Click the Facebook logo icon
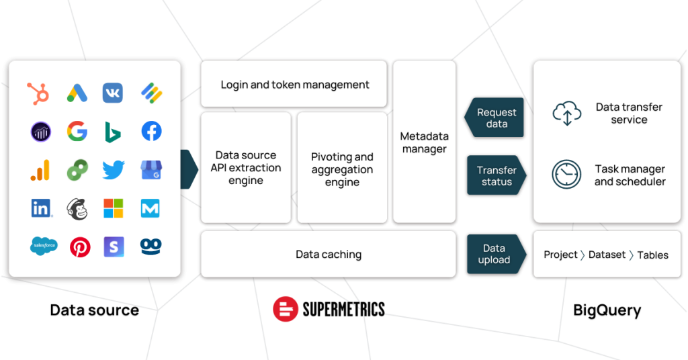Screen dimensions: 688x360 pos(151,131)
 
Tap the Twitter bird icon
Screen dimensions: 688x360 pos(113,170)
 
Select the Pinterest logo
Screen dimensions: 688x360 pos(80,247)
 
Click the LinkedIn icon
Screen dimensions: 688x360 pos(41,208)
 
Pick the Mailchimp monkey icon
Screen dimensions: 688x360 pos(77,209)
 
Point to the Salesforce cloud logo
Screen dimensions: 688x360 pos(44,246)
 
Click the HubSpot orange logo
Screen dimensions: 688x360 pos(38,93)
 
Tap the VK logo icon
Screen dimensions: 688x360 pos(113,93)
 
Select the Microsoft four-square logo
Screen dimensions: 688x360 pos(113,208)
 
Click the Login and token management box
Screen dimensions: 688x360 pos(294,84)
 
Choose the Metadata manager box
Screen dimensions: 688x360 pos(425,142)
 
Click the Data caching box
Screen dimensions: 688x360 pos(328,255)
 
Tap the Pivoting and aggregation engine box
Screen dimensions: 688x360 pos(342,168)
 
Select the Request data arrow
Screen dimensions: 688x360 pos(494,118)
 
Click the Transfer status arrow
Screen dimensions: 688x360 pos(497,175)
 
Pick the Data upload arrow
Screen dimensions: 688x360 pos(497,255)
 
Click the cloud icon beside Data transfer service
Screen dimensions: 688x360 pos(567,113)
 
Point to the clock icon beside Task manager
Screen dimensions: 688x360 pos(566,175)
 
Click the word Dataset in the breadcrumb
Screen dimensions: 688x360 pos(607,255)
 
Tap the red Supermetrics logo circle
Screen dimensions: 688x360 pos(286,309)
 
